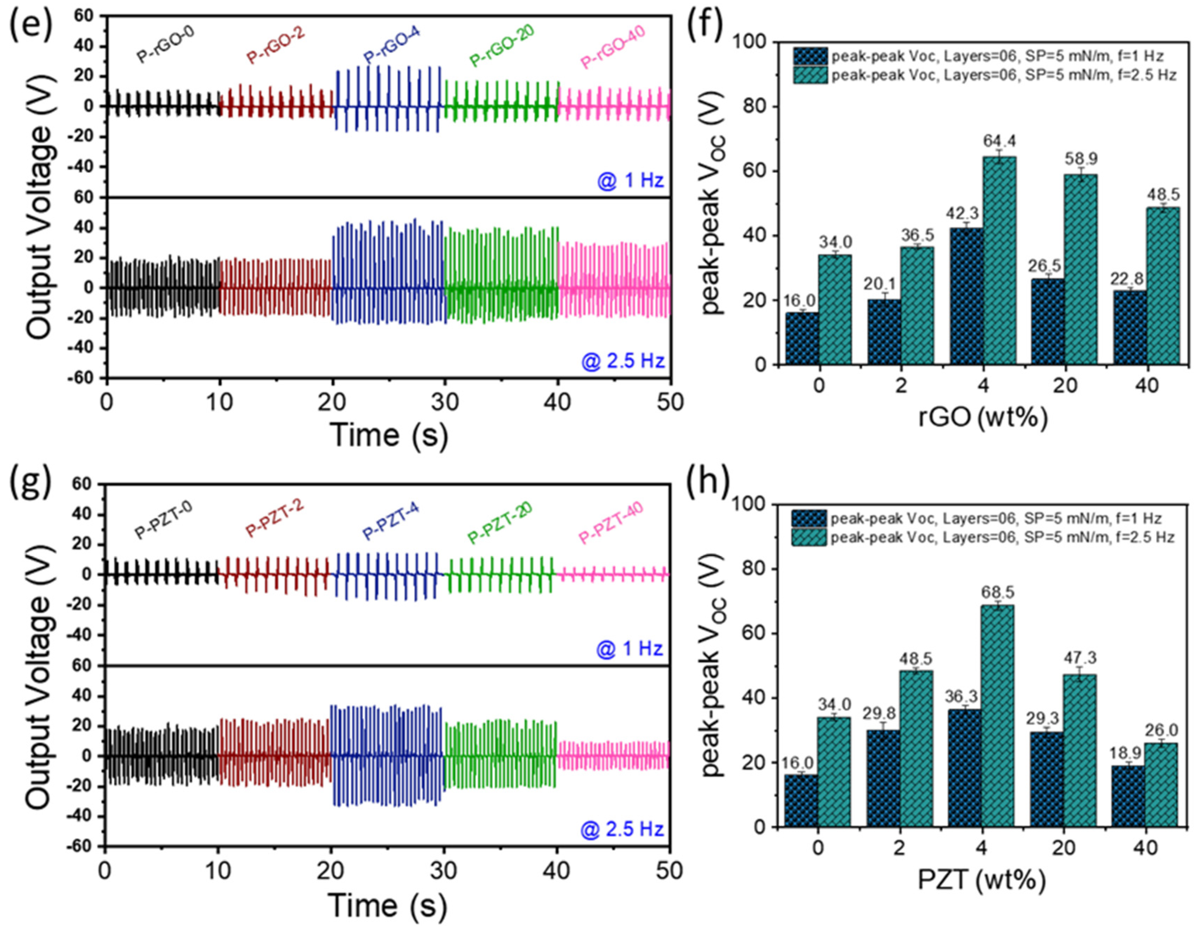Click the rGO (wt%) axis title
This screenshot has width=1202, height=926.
982,419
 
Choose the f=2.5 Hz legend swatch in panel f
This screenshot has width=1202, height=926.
810,75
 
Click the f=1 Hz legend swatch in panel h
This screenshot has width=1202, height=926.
809,519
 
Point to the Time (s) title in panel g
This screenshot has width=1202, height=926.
387,906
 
